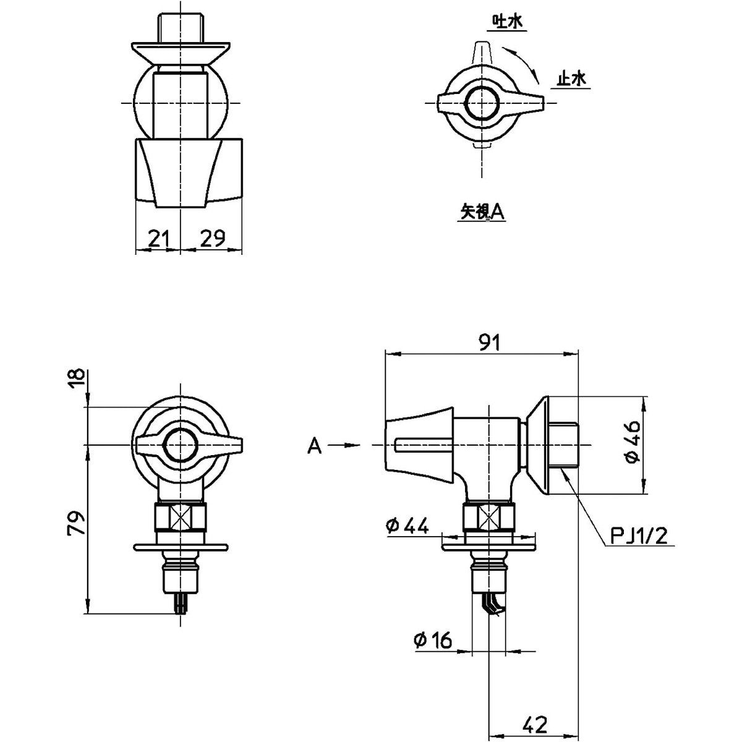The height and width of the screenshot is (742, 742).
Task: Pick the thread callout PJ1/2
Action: click(639, 535)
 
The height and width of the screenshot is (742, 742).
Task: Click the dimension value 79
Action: click(75, 522)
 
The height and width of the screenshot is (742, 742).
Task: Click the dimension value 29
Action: click(213, 238)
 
